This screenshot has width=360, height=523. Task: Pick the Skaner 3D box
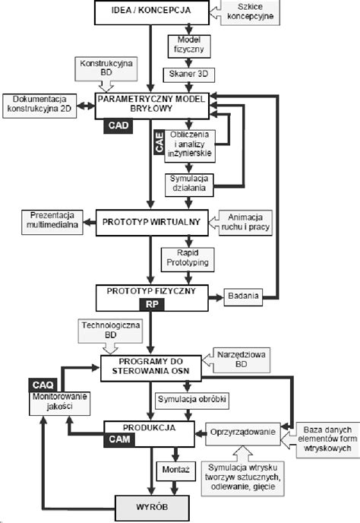188,74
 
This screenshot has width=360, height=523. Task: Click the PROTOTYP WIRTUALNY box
146,221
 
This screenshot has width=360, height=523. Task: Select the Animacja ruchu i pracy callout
245,221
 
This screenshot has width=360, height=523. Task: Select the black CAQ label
42,385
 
